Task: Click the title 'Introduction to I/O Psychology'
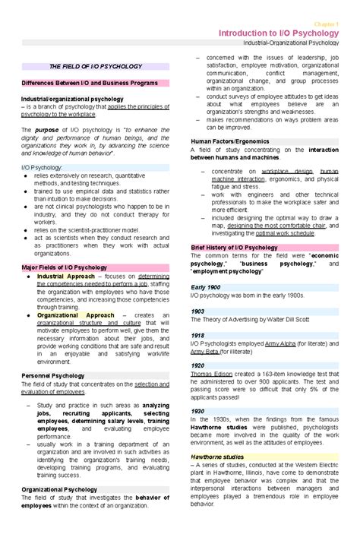pos(278,33)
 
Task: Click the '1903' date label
pos(197,311)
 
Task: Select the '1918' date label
pos(197,335)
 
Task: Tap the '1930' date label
pos(197,411)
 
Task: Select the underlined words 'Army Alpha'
pos(281,343)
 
